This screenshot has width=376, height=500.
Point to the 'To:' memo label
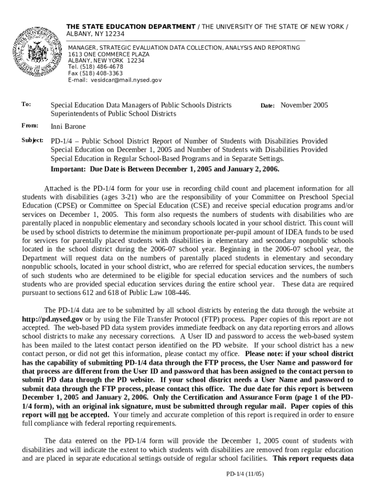tap(26, 104)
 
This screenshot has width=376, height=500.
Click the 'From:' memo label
tap(30, 126)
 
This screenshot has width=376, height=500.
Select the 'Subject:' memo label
tap(33, 141)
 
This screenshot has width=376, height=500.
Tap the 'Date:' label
tap(268, 105)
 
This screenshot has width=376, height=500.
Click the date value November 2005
tap(304, 105)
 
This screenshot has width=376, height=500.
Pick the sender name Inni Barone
tap(68, 126)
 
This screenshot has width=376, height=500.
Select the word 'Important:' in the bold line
tap(67, 169)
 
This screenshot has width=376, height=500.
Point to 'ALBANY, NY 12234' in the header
tap(95, 34)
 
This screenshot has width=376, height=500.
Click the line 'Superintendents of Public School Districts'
tap(113, 114)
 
